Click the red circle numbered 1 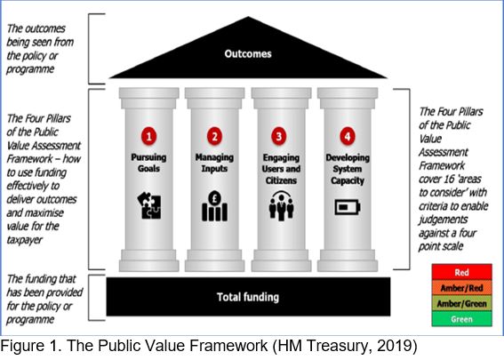[x=148, y=136]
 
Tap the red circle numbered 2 [x=214, y=136]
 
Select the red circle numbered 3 [x=279, y=136]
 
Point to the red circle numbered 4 [x=348, y=136]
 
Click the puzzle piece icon [x=149, y=205]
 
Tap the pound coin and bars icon [x=214, y=206]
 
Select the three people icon [x=281, y=206]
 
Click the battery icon [x=348, y=207]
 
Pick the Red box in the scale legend [x=461, y=272]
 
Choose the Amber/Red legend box [x=461, y=288]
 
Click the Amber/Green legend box [x=461, y=303]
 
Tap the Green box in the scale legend [x=461, y=319]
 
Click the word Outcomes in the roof [x=248, y=53]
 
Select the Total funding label [x=248, y=297]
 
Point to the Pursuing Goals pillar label [x=148, y=163]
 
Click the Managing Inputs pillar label [x=214, y=163]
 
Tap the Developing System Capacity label [x=348, y=169]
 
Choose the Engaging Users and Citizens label [x=281, y=169]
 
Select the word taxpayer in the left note [x=24, y=240]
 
